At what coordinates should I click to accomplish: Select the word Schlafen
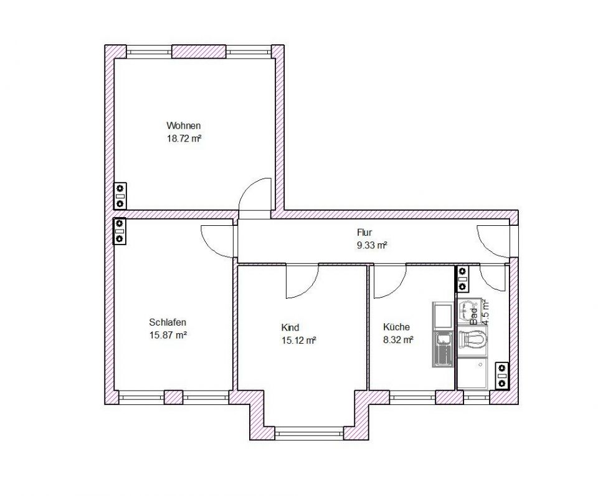(x=168, y=323)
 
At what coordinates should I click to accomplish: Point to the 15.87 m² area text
(x=168, y=335)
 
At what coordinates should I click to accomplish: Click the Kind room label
(x=290, y=328)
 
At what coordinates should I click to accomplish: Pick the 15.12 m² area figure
(x=298, y=340)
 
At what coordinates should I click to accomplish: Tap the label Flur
(x=364, y=233)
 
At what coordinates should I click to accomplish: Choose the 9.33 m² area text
(x=372, y=246)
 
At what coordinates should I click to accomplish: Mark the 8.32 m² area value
(x=399, y=340)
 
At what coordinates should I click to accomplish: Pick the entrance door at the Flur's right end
(x=494, y=241)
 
